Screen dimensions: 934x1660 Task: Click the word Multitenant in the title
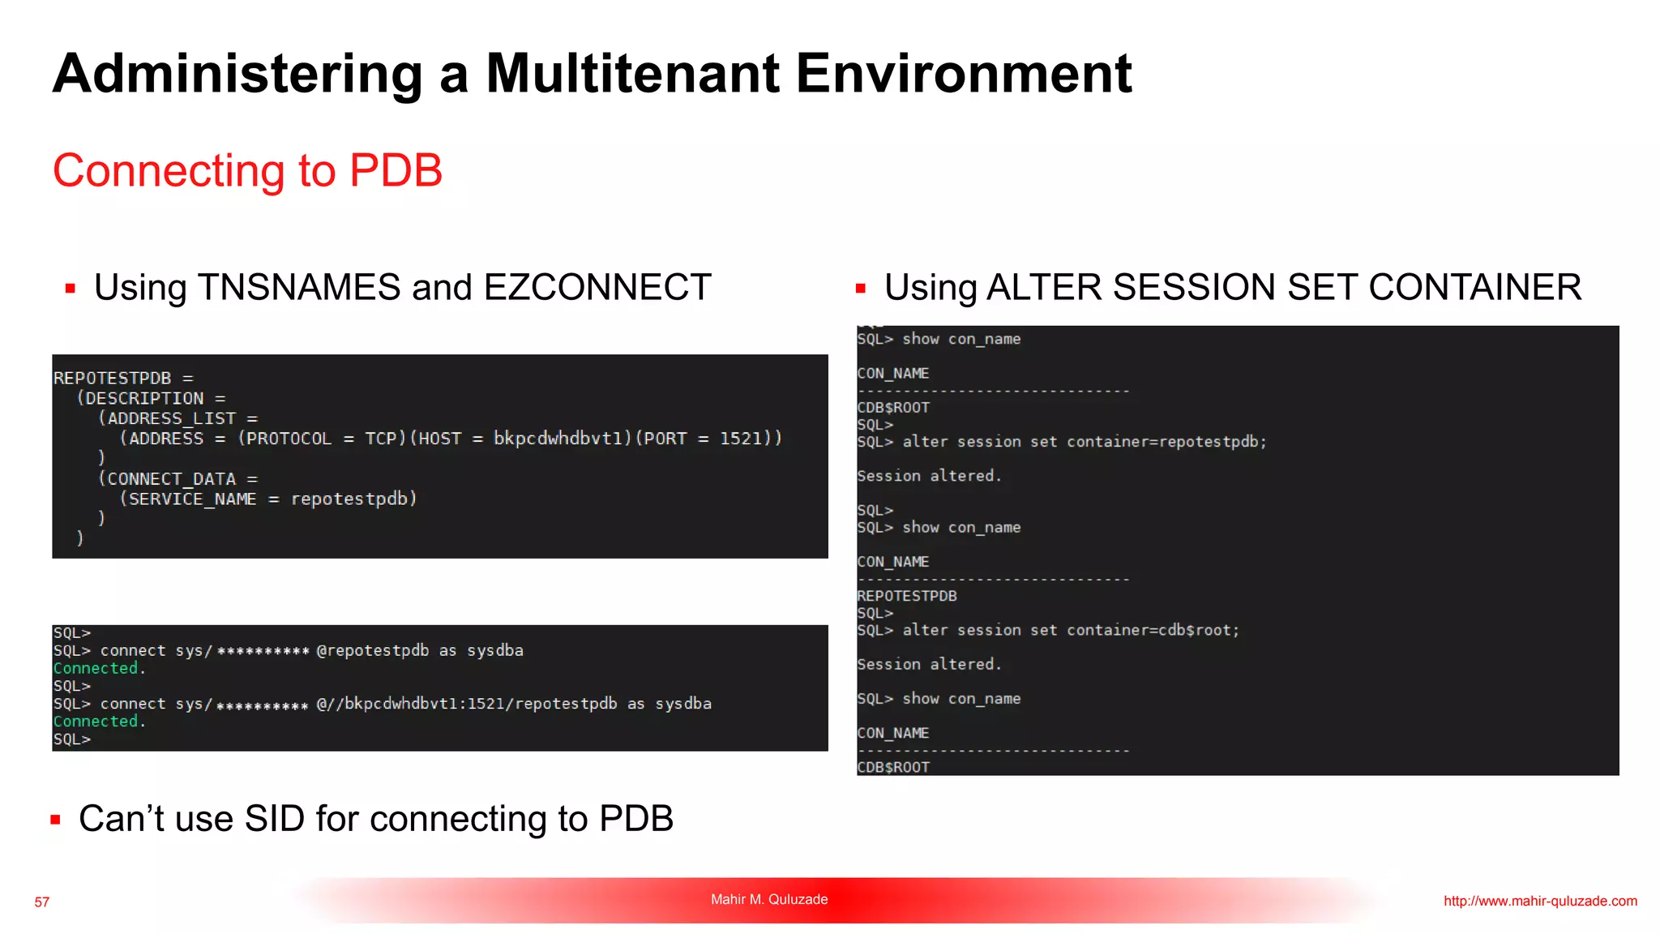pos(632,74)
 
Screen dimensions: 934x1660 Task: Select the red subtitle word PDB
pos(396,170)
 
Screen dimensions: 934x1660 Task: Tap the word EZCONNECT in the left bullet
pos(597,288)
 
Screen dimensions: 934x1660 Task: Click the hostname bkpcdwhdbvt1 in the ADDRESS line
pos(563,439)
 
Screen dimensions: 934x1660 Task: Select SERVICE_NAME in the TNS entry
pos(193,499)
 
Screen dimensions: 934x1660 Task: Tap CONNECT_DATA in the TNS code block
pos(171,479)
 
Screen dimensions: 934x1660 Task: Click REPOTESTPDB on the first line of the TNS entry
pos(113,379)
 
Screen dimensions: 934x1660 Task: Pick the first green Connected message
pos(96,669)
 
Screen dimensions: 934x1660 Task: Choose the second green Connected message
pos(96,722)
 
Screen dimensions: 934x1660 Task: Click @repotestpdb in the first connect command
pos(373,651)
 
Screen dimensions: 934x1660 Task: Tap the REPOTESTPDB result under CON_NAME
pos(907,596)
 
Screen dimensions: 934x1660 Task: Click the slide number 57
pos(42,902)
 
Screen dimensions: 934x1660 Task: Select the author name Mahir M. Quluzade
pos(769,899)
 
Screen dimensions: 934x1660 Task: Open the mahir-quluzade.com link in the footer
pos(1540,901)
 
